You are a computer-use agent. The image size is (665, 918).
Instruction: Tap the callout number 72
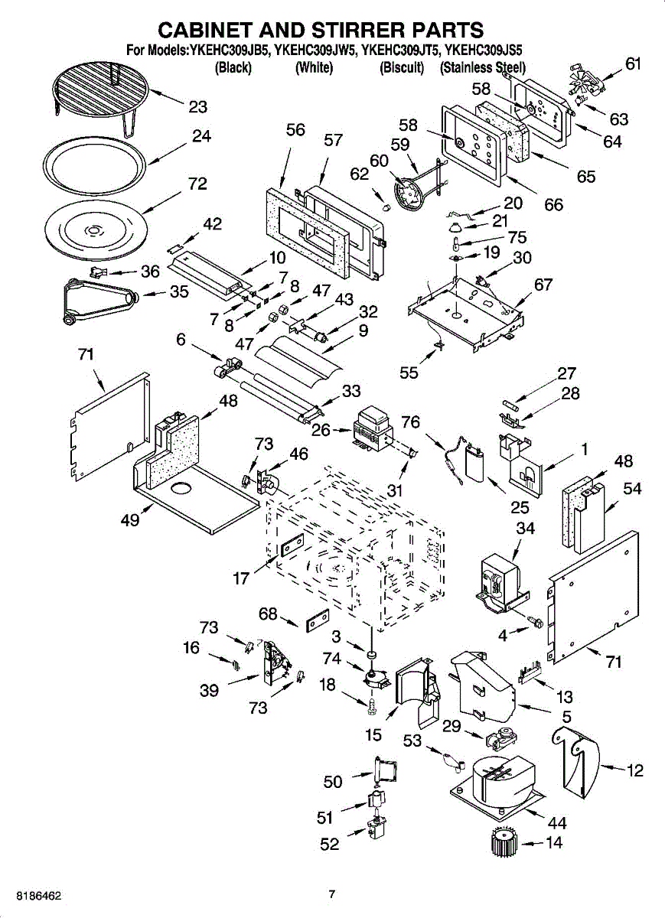click(197, 184)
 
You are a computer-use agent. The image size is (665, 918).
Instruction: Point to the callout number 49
click(130, 520)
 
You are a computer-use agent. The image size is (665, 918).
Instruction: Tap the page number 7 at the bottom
click(331, 894)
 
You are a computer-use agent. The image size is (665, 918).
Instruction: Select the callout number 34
click(525, 529)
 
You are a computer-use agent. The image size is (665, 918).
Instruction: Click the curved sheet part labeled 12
click(579, 761)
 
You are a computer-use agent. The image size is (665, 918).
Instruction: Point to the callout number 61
click(633, 64)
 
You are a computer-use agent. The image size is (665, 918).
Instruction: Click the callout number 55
click(409, 373)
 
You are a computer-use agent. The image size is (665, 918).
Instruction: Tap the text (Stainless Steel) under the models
click(482, 68)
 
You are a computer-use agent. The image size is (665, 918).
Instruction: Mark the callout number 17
click(242, 578)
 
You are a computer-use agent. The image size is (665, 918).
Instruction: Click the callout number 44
click(557, 823)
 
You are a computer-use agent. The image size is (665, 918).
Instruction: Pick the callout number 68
click(267, 614)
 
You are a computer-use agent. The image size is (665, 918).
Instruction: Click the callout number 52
click(329, 845)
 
